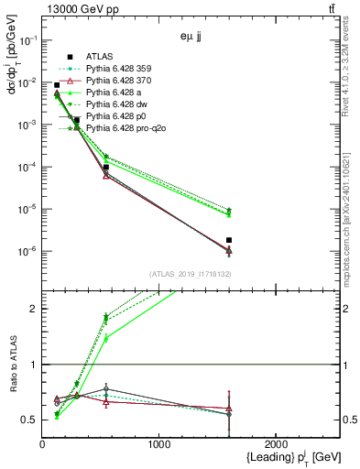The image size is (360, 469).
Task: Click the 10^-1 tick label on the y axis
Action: [28, 40]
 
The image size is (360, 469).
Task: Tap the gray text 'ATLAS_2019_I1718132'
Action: [189, 274]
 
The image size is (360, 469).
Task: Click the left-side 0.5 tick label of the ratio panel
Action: [31, 420]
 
